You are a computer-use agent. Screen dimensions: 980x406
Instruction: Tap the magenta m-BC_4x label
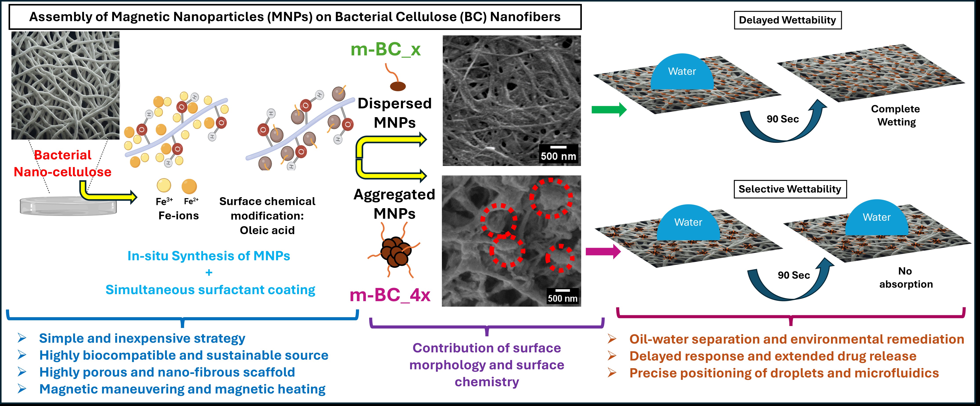point(390,295)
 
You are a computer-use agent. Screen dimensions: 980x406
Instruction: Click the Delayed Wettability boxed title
point(788,20)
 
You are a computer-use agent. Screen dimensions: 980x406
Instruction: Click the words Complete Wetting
point(896,115)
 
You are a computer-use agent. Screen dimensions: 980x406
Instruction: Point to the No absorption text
point(906,277)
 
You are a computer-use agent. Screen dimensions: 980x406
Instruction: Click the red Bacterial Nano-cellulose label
point(62,163)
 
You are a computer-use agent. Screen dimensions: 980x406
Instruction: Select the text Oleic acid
point(267,230)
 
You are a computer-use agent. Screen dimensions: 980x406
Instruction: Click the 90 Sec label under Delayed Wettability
point(782,119)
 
